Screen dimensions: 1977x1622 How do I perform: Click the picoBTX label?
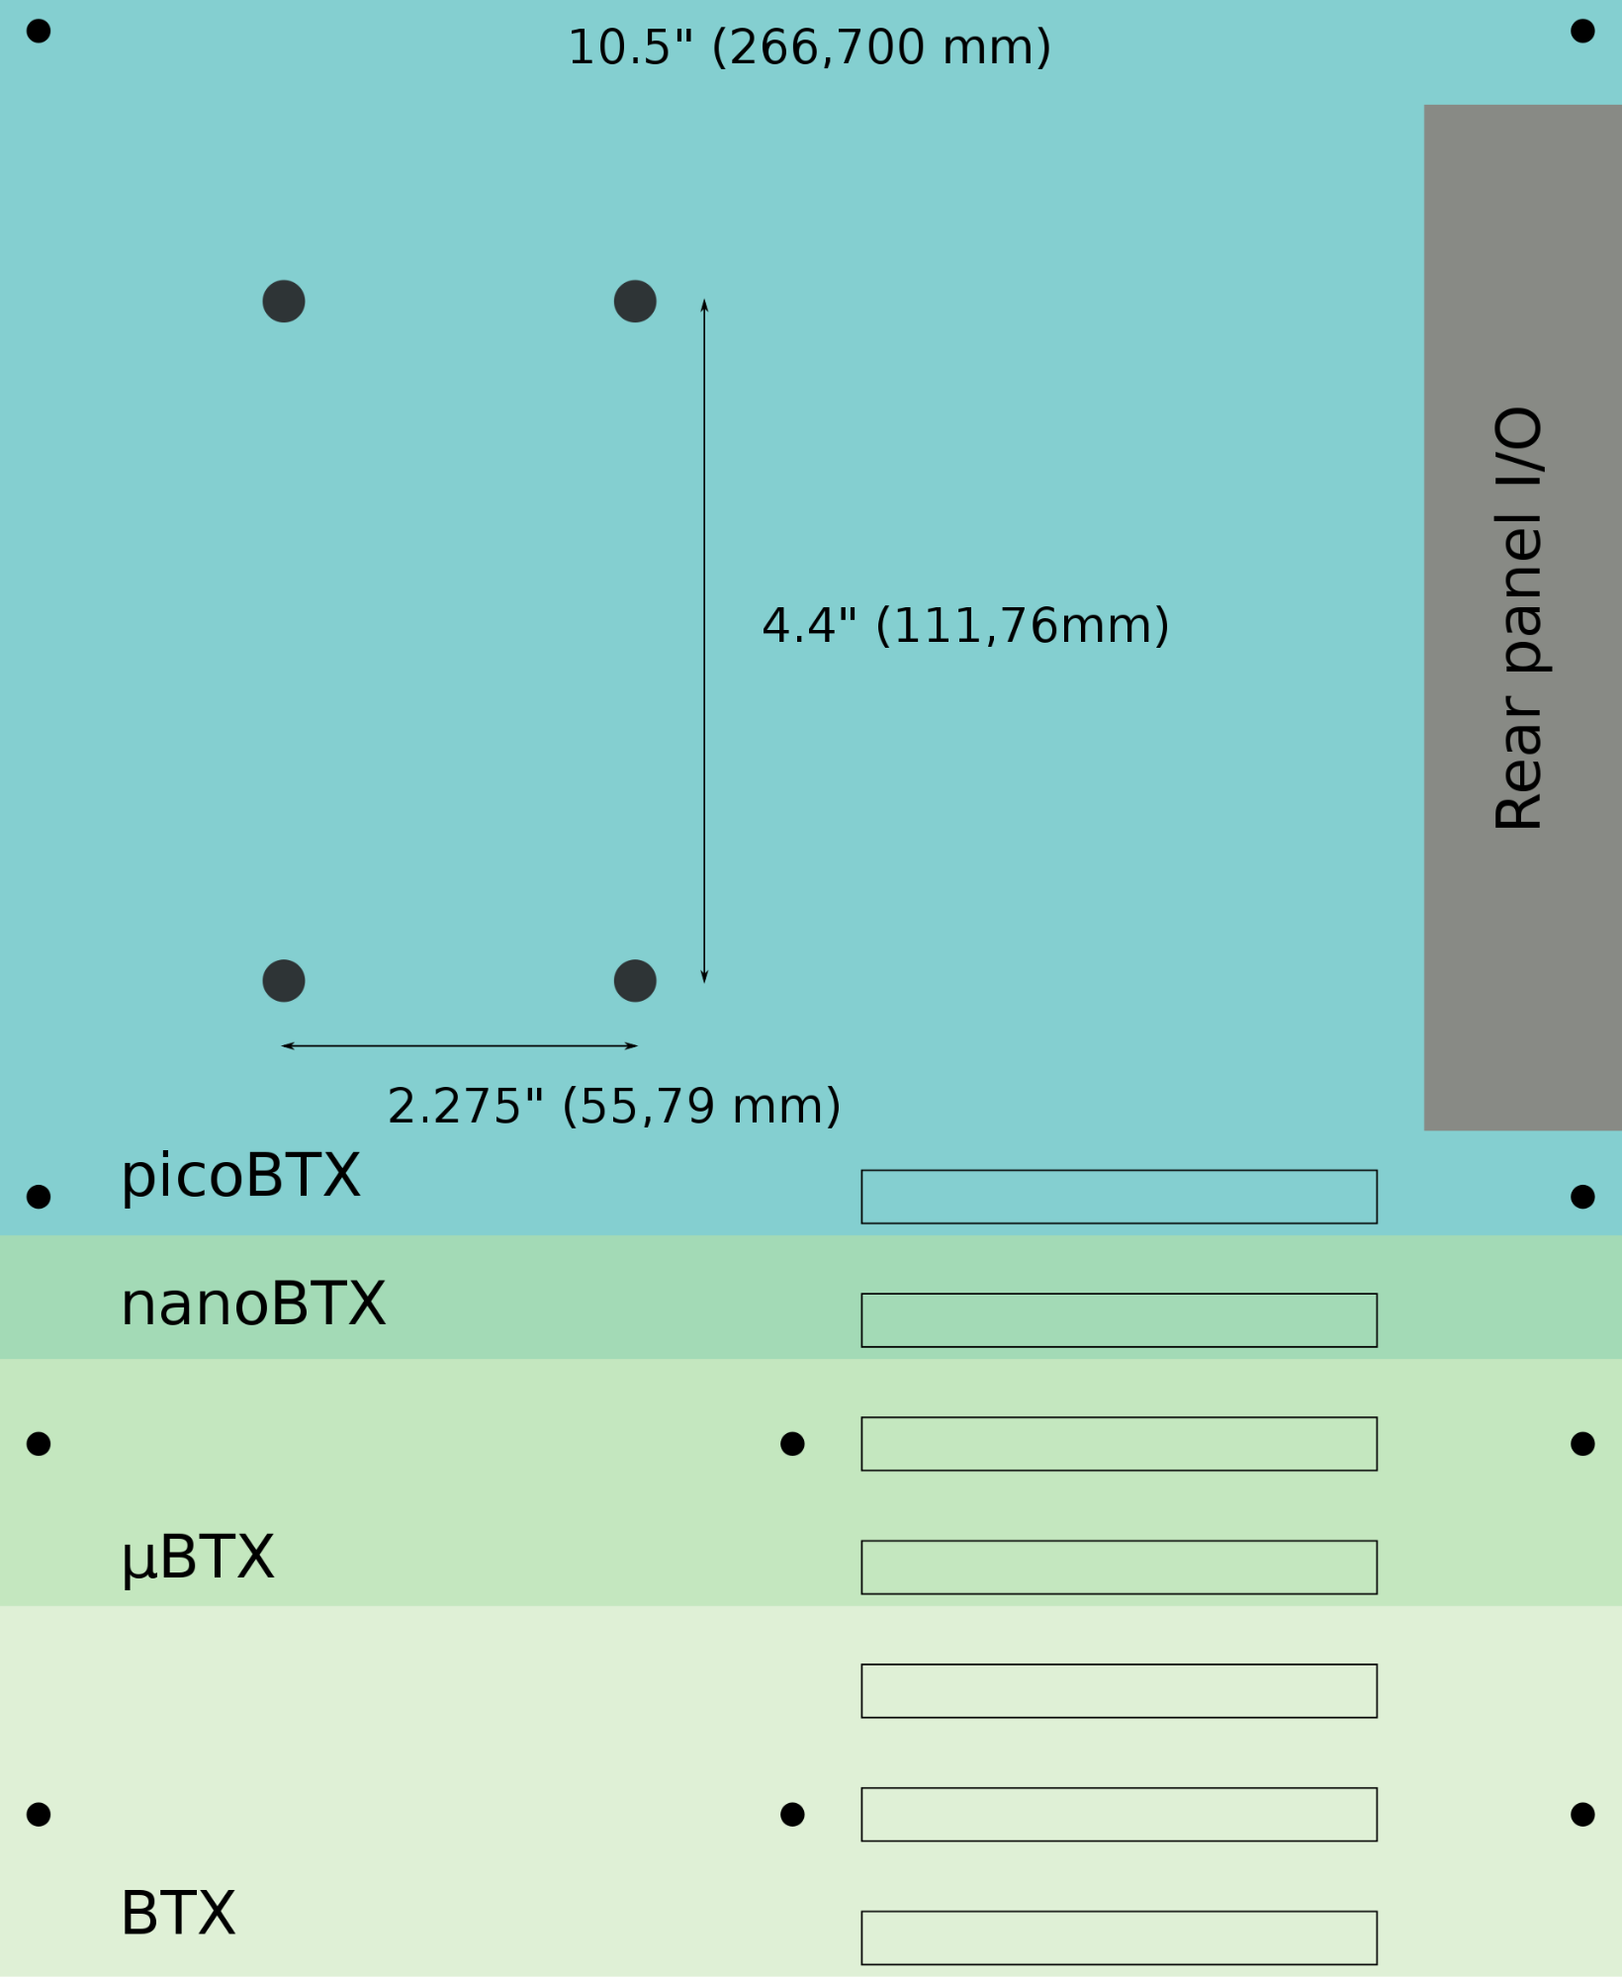240,1176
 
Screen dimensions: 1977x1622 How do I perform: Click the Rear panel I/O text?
1518,618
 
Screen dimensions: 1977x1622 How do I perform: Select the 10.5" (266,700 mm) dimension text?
809,47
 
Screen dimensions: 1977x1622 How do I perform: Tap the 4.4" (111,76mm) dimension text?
965,626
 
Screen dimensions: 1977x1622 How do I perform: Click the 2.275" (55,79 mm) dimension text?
613,1106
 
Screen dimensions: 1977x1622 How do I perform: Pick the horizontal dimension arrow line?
460,1045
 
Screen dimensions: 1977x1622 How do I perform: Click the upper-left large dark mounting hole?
284,301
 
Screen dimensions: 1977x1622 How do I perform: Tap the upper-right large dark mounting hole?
635,301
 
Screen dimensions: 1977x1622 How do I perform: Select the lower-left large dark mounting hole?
284,980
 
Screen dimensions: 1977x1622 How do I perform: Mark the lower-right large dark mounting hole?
635,980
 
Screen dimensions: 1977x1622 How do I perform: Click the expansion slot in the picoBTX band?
1119,1197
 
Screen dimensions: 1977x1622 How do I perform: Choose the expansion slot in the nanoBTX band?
1119,1320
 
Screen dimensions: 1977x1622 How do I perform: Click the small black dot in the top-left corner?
39,31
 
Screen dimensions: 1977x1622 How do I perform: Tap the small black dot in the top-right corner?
1582,31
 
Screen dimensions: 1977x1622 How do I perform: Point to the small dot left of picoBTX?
39,1197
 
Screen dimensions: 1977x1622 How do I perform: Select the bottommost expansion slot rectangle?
1119,1937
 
